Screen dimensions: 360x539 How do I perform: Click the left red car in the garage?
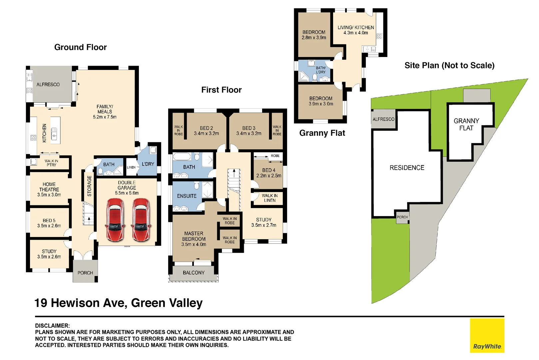pos(115,220)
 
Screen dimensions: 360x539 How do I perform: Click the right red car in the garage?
pos(141,220)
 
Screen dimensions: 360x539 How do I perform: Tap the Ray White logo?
pos(487,336)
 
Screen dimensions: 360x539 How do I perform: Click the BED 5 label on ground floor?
pos(49,221)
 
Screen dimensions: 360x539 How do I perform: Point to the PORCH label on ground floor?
pos(85,273)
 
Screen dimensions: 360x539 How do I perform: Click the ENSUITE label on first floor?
pos(187,196)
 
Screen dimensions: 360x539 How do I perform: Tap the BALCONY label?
pos(194,273)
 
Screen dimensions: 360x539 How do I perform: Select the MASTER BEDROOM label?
pos(194,236)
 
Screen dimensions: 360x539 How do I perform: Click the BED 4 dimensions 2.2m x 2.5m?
pos(269,176)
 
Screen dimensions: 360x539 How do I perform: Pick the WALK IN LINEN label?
pos(269,198)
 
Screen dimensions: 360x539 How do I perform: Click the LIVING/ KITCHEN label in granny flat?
pos(356,28)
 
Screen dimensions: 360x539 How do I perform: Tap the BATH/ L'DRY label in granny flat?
pos(321,70)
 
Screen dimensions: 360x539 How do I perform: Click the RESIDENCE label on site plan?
pos(407,168)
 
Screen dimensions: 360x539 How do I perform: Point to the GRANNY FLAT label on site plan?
pos(466,124)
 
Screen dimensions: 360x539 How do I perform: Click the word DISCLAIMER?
pos(52,326)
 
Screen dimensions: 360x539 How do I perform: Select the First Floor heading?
pos(221,90)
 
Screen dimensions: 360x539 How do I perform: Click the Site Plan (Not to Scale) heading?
pos(449,65)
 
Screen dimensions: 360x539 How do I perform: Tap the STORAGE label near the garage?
pos(89,186)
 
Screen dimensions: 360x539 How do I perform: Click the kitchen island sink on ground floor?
pos(54,134)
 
